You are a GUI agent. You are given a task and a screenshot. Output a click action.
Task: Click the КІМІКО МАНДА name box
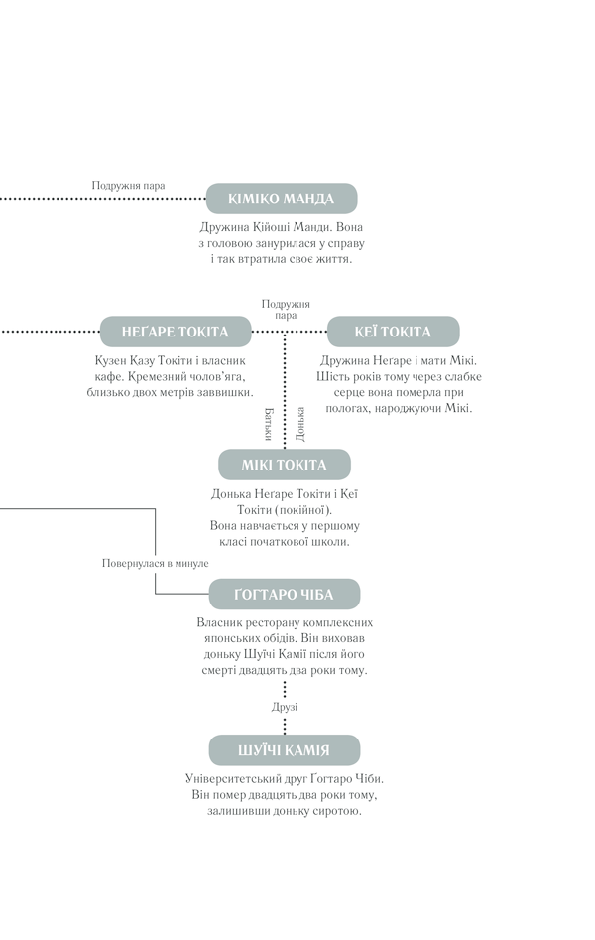(282, 199)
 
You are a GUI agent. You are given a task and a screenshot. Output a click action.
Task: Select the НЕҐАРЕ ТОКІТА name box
(175, 332)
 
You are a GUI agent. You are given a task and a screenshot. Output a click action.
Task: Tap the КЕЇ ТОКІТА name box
(393, 332)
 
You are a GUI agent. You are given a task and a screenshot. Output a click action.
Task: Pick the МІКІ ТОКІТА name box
(284, 465)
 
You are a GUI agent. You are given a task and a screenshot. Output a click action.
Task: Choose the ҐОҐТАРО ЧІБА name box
(284, 595)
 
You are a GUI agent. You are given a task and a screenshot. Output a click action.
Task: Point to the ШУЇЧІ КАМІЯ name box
(284, 750)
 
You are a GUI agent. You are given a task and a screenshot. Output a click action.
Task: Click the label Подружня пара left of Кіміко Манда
(128, 186)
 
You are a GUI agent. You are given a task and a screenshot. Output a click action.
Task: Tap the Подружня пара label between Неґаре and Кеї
(286, 310)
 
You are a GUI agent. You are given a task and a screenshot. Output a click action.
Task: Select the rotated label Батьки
(269, 424)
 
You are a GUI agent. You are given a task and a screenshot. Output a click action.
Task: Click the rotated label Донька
(300, 424)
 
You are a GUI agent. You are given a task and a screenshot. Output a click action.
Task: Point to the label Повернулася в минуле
(155, 563)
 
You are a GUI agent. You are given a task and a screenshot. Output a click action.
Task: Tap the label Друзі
(285, 707)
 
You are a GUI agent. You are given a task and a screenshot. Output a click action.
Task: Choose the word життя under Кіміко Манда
(333, 260)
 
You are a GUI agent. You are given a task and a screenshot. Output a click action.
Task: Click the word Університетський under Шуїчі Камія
(228, 779)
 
